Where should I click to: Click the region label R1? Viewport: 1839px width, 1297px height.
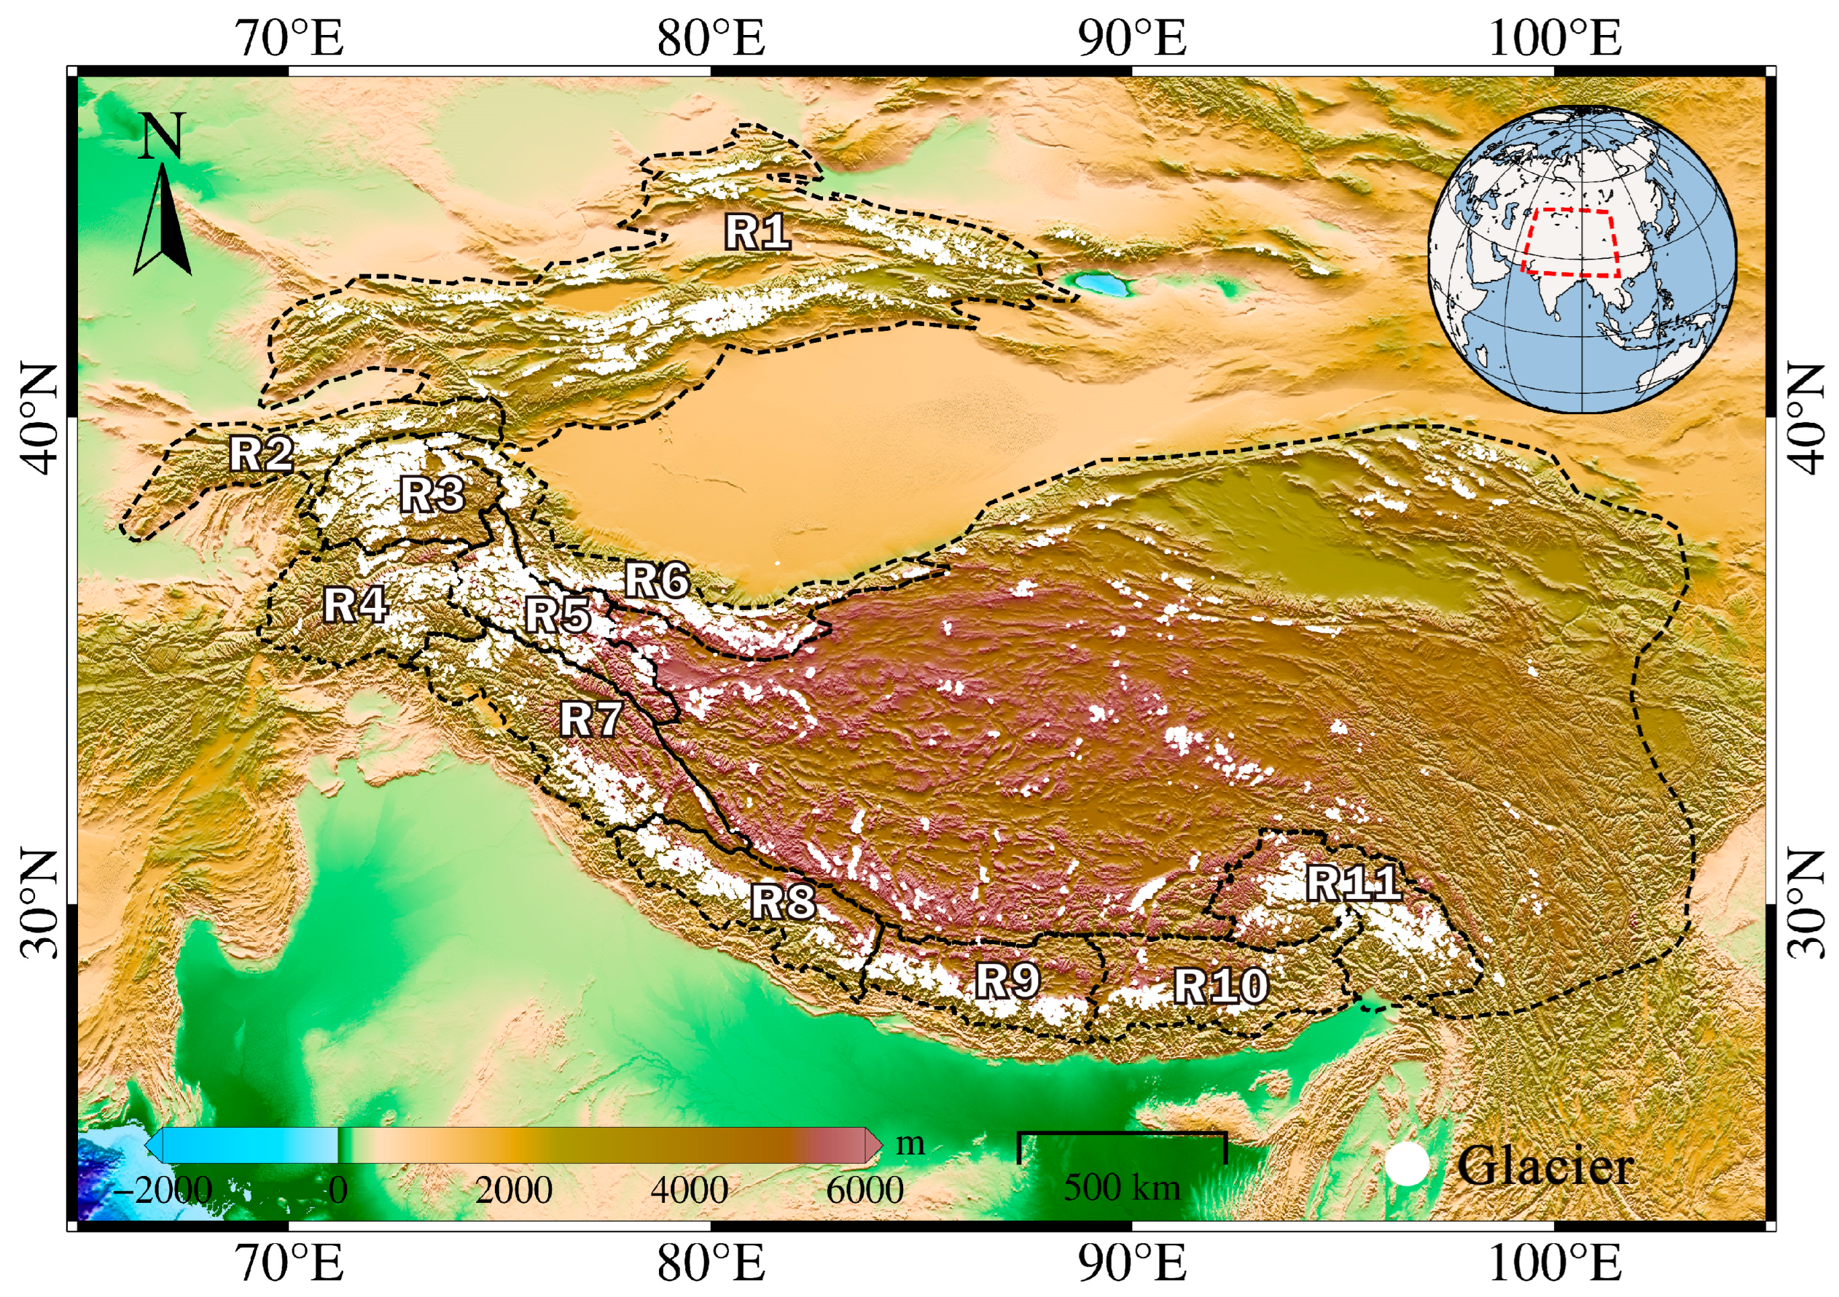pyautogui.click(x=757, y=233)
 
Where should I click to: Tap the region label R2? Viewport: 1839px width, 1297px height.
pyautogui.click(x=261, y=455)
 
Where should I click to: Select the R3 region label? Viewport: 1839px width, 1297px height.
pyautogui.click(x=432, y=494)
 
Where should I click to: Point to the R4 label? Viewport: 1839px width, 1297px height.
pyautogui.click(x=356, y=605)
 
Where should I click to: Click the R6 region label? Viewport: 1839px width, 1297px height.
pyautogui.click(x=657, y=580)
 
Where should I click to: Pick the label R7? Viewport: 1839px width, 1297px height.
pyautogui.click(x=591, y=719)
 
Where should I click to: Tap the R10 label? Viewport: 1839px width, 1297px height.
pyautogui.click(x=1220, y=986)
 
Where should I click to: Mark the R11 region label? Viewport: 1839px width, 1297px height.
pyautogui.click(x=1354, y=883)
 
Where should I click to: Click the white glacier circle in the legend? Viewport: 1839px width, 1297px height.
pyautogui.click(x=1407, y=1165)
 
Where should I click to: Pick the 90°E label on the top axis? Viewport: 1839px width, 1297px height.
pyautogui.click(x=1132, y=38)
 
